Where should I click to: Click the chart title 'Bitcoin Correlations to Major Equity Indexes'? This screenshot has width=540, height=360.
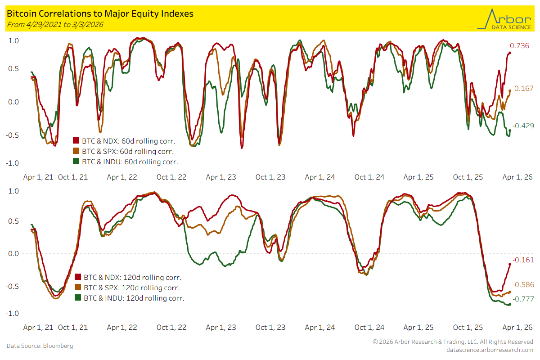point(100,13)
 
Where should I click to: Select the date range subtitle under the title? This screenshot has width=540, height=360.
point(55,24)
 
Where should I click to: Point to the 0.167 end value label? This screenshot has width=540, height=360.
point(521,89)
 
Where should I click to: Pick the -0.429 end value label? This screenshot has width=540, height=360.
point(522,126)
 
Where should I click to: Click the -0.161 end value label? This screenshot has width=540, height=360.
point(522,260)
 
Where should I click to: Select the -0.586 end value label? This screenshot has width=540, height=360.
point(522,284)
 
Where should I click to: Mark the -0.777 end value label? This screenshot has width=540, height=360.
point(522,299)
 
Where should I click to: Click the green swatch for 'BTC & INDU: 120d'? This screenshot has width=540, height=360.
point(78,298)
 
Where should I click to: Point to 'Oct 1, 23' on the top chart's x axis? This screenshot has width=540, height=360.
point(270,177)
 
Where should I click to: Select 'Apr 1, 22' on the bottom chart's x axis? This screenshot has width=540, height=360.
point(122,328)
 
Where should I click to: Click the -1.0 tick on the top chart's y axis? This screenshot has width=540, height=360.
point(13,162)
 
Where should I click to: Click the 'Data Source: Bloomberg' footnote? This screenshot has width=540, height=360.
point(40,346)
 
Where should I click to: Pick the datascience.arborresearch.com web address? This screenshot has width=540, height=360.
point(490,350)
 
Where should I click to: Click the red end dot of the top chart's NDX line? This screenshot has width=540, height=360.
point(510,53)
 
